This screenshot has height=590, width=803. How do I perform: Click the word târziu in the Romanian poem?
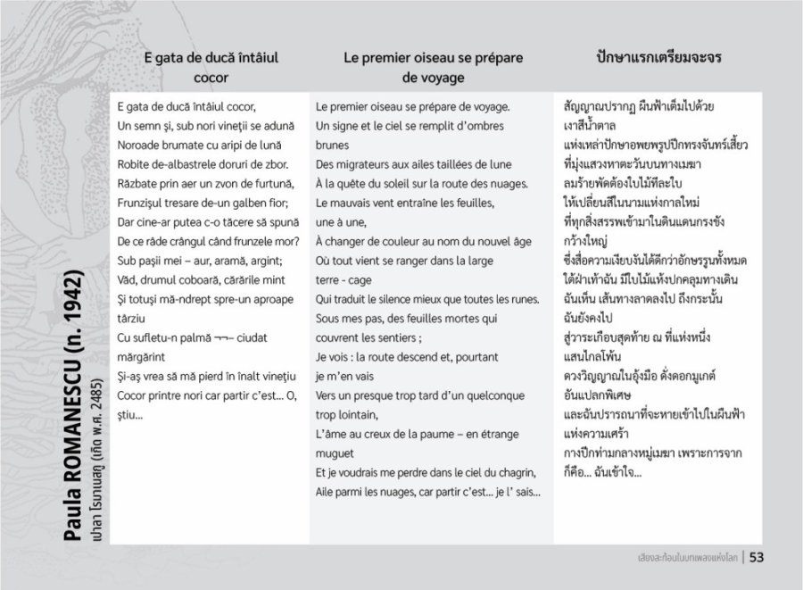132,318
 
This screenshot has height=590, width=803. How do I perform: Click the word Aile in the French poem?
326,491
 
